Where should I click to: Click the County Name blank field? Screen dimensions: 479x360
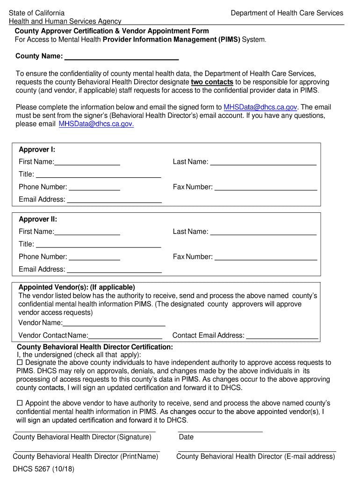pos(121,57)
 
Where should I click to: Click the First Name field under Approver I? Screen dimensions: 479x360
pos(87,162)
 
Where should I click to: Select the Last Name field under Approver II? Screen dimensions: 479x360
pos(263,232)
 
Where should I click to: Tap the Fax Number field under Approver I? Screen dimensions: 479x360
pos(265,187)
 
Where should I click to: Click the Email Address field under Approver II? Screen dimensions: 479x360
pos(114,269)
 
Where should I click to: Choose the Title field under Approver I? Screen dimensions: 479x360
pos(98,175)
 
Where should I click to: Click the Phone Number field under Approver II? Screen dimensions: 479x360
pos(94,257)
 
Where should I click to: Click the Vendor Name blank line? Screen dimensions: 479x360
pos(114,323)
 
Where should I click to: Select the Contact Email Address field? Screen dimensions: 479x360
pos(282,335)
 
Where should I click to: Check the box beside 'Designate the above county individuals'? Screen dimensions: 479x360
pos(20,363)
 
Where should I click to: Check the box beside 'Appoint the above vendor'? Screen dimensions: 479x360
pos(20,403)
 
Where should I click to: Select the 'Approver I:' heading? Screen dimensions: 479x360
pos(37,150)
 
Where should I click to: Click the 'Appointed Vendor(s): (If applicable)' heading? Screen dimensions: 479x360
pos(77,287)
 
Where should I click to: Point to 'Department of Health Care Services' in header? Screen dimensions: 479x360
pos(287,13)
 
